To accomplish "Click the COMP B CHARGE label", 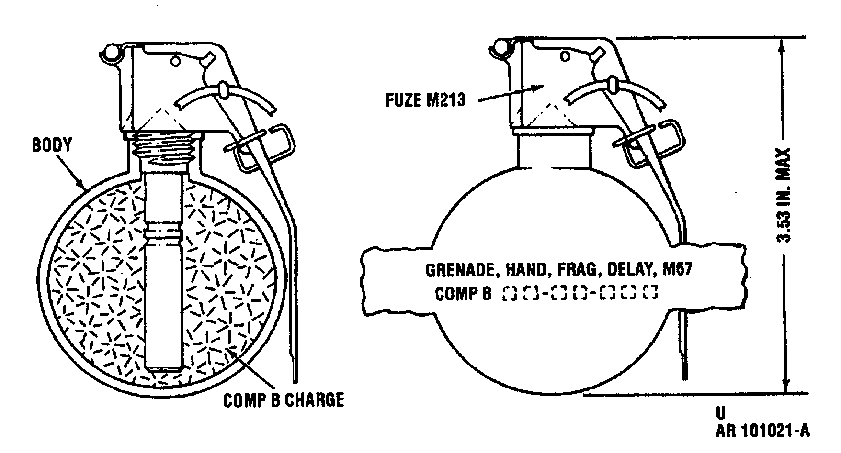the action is (x=284, y=399).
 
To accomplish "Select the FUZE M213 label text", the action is (x=425, y=100).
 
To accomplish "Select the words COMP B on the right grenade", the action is (x=463, y=294).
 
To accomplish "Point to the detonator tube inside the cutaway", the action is (x=164, y=268).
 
